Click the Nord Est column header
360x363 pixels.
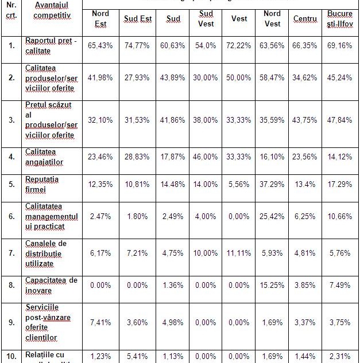click(100, 18)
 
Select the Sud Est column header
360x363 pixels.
click(138, 19)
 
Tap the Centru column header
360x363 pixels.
click(305, 19)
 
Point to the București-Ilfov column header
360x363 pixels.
click(340, 18)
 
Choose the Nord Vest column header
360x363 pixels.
click(272, 18)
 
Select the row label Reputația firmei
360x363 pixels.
click(42, 185)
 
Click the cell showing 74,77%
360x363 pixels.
click(138, 45)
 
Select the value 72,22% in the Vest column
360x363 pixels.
click(239, 45)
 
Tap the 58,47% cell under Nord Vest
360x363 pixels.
click(272, 78)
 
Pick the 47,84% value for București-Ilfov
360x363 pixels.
click(340, 120)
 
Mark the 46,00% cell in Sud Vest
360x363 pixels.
click(206, 156)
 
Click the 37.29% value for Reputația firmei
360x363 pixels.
click(272, 185)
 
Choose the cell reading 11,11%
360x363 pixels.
click(239, 253)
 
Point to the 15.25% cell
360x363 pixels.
click(272, 285)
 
